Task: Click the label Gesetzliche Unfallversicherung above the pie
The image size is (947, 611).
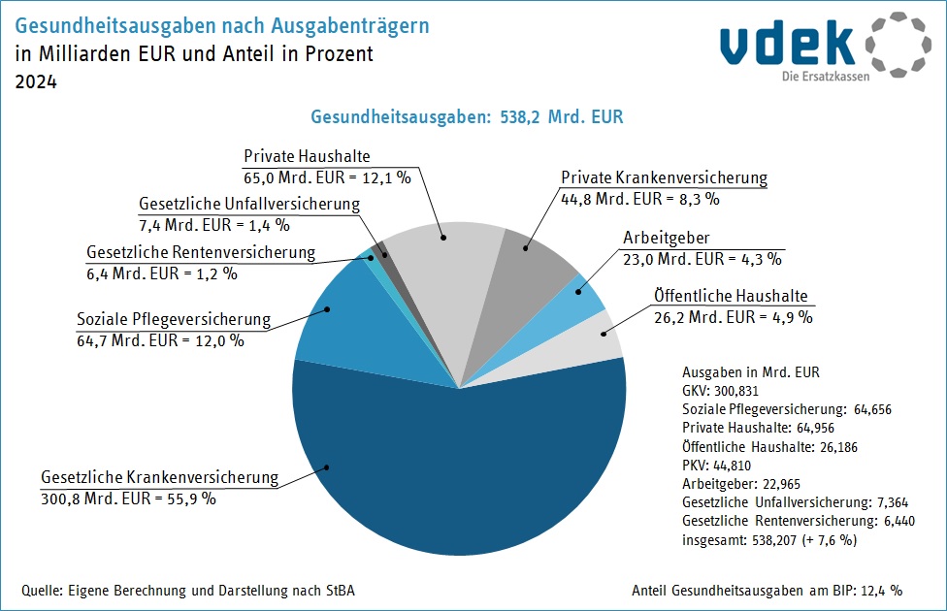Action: pyautogui.click(x=249, y=205)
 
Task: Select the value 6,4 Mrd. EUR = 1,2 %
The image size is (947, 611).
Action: pyautogui.click(x=161, y=273)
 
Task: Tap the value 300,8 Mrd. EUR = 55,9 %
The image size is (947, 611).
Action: pyautogui.click(x=128, y=498)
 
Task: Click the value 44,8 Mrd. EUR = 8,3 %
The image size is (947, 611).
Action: pyautogui.click(x=640, y=199)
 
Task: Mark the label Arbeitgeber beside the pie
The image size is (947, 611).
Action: pyautogui.click(x=666, y=238)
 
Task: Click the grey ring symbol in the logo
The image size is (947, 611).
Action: pyautogui.click(x=898, y=46)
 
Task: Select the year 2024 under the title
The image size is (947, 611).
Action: pyautogui.click(x=36, y=82)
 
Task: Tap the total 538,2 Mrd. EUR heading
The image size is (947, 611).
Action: pyautogui.click(x=467, y=116)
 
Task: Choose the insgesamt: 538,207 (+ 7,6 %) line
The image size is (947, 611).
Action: pyautogui.click(x=769, y=540)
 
